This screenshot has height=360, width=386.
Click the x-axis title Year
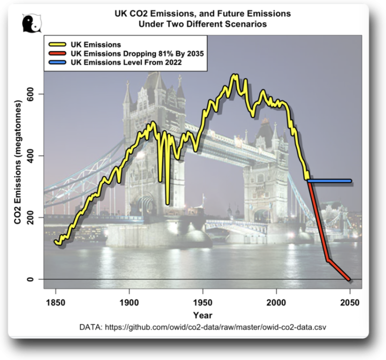coord(203,315)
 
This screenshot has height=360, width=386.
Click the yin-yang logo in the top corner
coord(31,23)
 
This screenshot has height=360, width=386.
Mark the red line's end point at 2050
coord(350,279)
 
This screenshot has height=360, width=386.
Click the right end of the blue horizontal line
coord(350,181)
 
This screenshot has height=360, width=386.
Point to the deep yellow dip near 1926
coord(168,203)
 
